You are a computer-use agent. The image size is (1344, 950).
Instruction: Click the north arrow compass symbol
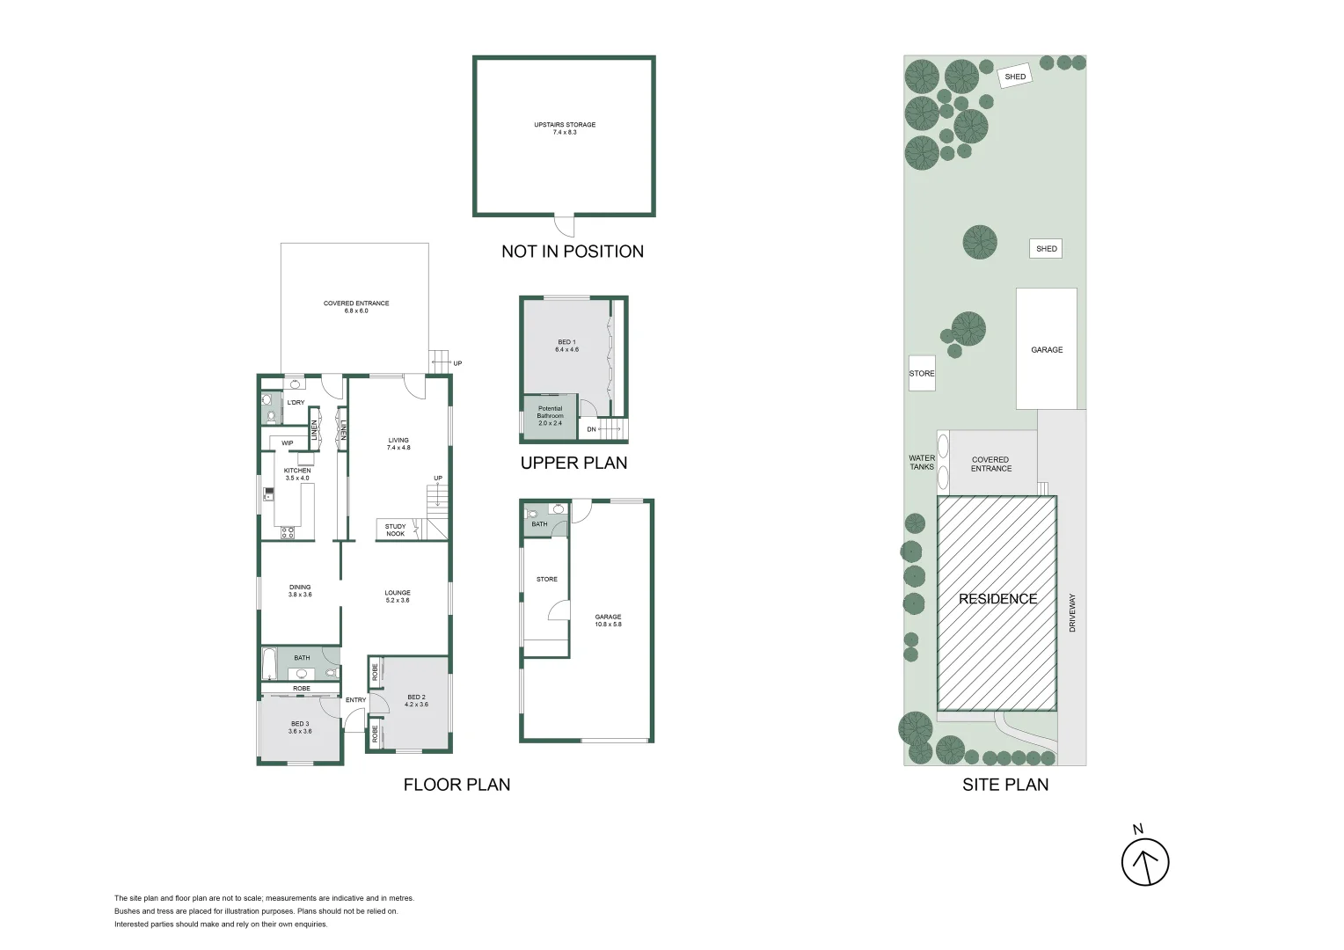[1144, 860]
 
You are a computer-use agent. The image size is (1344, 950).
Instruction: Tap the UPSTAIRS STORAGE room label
[565, 128]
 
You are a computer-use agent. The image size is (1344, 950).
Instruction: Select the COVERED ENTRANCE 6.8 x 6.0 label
[356, 307]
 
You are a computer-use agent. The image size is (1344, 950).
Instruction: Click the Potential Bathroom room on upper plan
[550, 416]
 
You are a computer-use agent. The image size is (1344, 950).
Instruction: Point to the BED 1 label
[566, 346]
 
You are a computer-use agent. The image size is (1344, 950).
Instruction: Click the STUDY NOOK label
[395, 530]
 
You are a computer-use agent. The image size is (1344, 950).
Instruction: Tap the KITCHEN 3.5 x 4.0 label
[297, 474]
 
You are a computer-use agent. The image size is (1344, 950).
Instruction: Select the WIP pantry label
[288, 443]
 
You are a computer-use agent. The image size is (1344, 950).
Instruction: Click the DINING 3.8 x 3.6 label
[300, 591]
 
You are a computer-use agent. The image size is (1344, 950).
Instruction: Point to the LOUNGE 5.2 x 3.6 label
[398, 596]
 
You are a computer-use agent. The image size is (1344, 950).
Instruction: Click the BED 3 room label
[300, 727]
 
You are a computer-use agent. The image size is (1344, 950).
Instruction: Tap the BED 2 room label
[416, 700]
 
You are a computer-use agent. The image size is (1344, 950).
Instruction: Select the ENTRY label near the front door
[355, 700]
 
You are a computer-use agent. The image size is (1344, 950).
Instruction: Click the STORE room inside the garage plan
[546, 579]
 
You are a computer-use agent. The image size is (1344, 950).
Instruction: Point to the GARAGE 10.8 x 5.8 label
[608, 620]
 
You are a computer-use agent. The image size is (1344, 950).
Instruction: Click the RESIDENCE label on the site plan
[997, 599]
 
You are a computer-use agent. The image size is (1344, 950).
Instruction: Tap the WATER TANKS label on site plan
[922, 463]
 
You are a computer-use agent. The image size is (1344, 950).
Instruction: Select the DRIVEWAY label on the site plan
[1072, 613]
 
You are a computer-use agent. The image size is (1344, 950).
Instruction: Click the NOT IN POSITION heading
[573, 252]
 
